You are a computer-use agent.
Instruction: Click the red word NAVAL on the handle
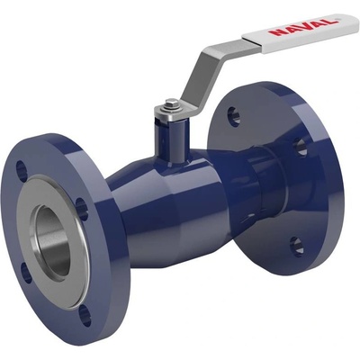[x=302, y=27]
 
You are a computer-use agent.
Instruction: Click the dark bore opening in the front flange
[x=53, y=240]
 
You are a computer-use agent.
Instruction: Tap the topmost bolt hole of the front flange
[x=22, y=171]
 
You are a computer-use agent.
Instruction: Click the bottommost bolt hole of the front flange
[x=85, y=315]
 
